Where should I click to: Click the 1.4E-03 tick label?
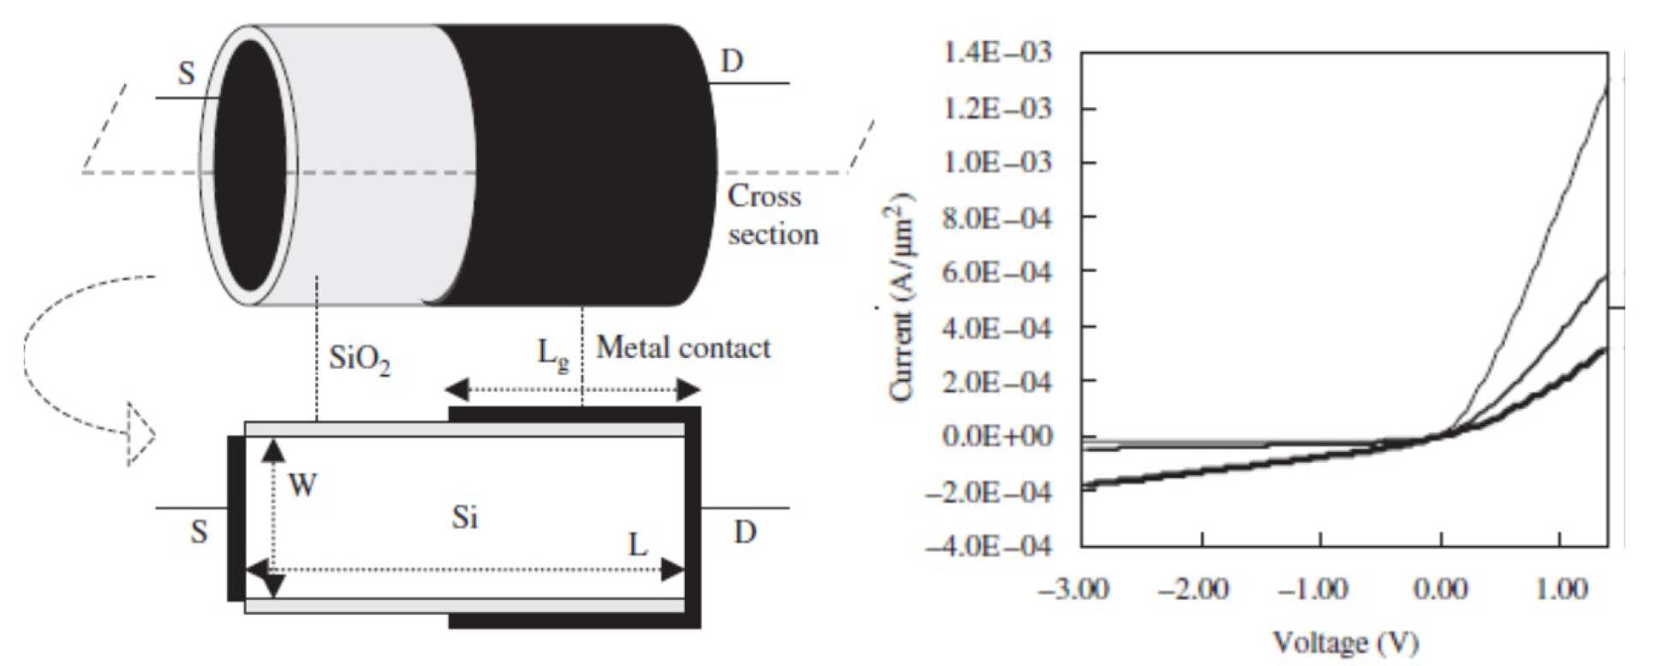tap(996, 53)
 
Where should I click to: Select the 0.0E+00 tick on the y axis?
tap(996, 436)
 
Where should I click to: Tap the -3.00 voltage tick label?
tap(1074, 589)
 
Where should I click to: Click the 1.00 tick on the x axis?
tap(1560, 589)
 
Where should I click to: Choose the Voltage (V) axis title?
tap(1344, 642)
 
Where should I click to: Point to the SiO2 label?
tap(359, 359)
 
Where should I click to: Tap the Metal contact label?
tap(682, 348)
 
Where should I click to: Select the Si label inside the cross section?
tap(465, 518)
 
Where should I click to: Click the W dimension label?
tap(302, 486)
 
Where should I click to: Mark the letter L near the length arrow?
tap(638, 545)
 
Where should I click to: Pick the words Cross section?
tap(771, 215)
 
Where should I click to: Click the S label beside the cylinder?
tap(187, 74)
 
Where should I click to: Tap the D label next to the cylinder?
tap(731, 62)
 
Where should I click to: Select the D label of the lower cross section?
tap(745, 532)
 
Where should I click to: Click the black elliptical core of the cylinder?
tap(249, 165)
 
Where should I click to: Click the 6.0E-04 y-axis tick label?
tap(996, 271)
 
